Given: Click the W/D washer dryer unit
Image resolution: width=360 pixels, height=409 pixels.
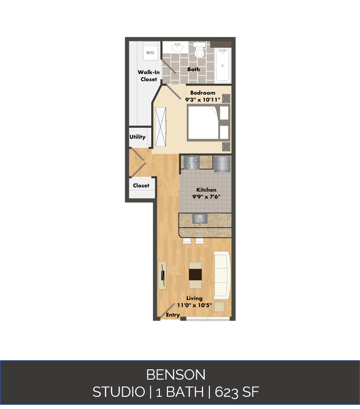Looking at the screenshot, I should pyautogui.click(x=150, y=51).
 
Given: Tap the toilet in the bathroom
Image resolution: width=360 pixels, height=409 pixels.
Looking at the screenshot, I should pyautogui.click(x=199, y=51).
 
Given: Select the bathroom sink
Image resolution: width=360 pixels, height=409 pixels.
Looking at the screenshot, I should pyautogui.click(x=177, y=48).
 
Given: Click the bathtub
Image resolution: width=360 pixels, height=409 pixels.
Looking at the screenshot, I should pyautogui.click(x=222, y=65).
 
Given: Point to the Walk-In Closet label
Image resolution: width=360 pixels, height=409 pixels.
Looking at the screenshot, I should pyautogui.click(x=149, y=75).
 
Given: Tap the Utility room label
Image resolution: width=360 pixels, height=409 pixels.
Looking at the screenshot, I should pyautogui.click(x=137, y=137).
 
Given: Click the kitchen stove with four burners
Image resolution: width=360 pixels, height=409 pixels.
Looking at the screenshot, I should pyautogui.click(x=192, y=163).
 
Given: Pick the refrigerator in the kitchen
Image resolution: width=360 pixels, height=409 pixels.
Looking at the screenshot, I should pyautogui.click(x=222, y=164).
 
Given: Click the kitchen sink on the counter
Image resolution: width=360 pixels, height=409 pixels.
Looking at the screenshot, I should pyautogui.click(x=200, y=219).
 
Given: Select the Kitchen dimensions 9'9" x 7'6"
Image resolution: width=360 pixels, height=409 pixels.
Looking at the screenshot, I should pyautogui.click(x=206, y=197).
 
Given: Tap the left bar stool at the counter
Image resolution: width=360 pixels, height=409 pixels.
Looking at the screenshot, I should pyautogui.click(x=187, y=241).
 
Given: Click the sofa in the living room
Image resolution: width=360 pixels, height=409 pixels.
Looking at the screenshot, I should pyautogui.click(x=222, y=275).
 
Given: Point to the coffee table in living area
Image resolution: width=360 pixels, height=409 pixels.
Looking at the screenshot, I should pyautogui.click(x=195, y=275).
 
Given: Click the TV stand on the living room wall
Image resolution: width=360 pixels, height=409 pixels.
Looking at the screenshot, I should pyautogui.click(x=163, y=275).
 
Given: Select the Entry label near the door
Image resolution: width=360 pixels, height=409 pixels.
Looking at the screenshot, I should pyautogui.click(x=173, y=315).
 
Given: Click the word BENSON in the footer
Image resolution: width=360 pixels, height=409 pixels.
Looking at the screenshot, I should pyautogui.click(x=176, y=375).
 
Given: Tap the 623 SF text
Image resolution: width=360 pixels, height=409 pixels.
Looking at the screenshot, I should pyautogui.click(x=237, y=392).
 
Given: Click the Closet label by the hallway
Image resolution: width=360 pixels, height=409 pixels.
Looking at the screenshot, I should pyautogui.click(x=141, y=186).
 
